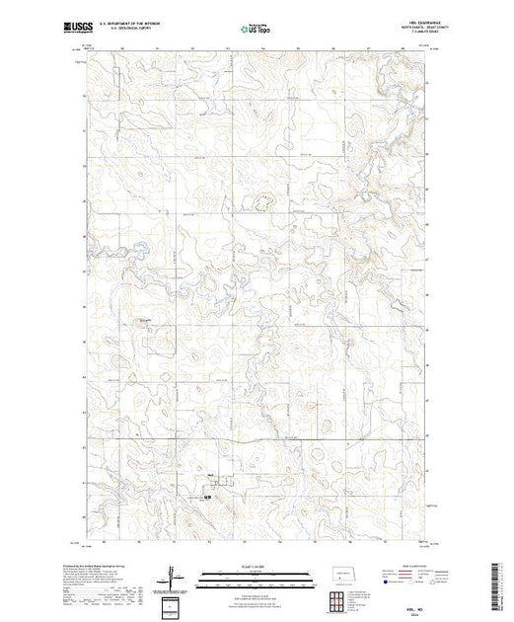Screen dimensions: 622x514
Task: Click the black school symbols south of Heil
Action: pos(207,497)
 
